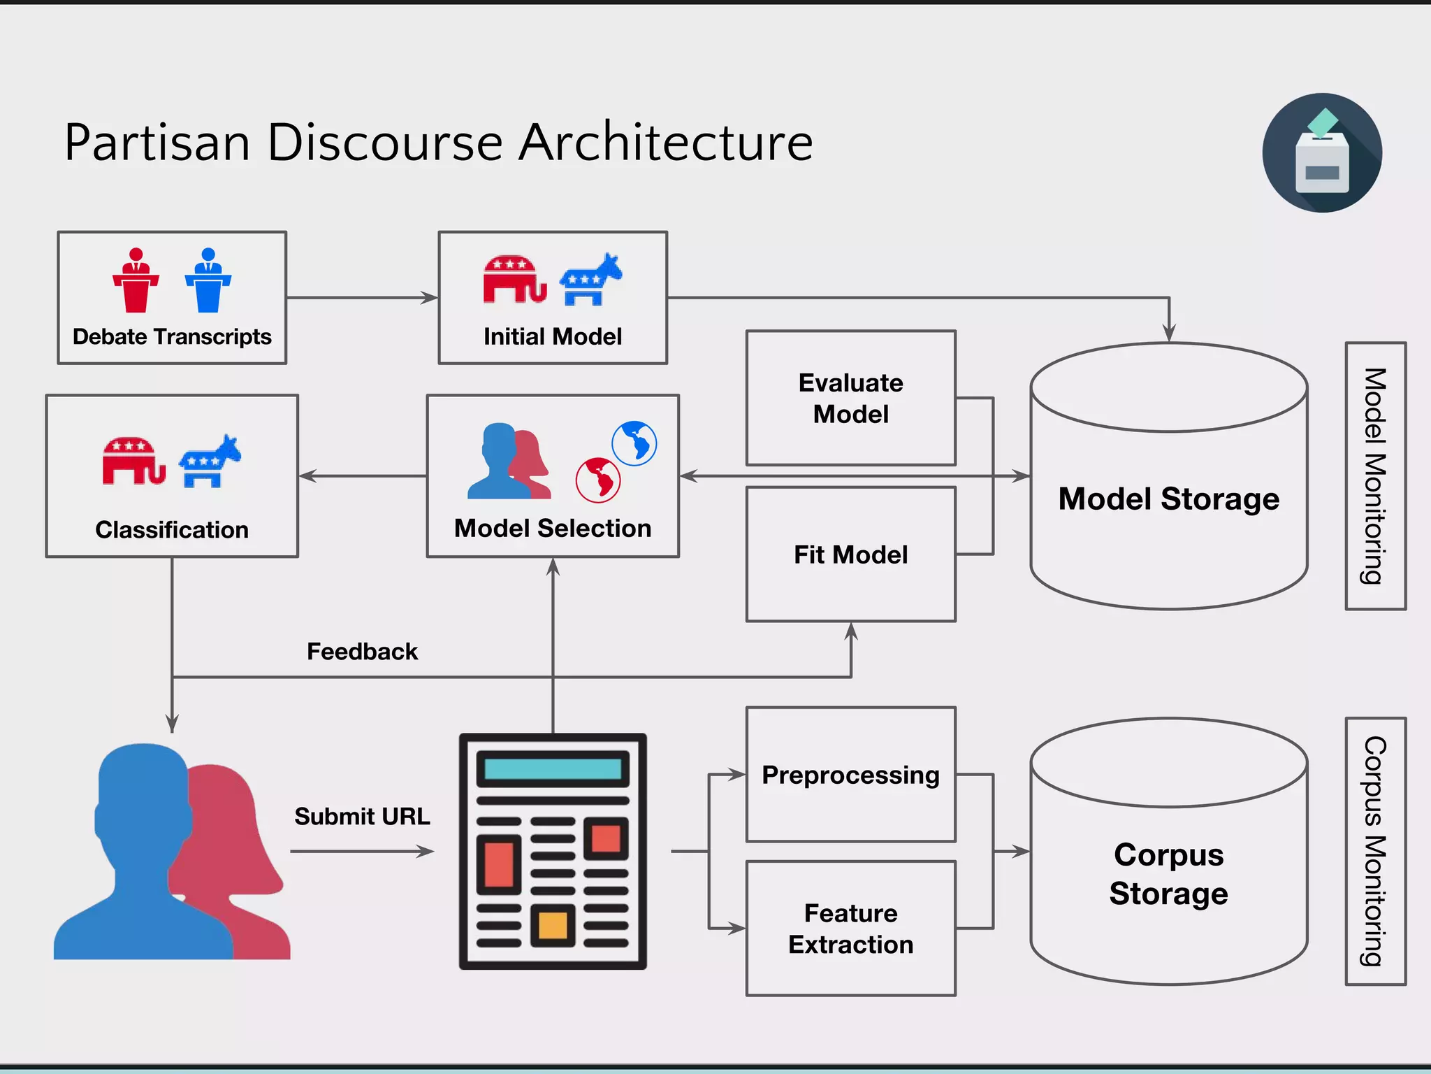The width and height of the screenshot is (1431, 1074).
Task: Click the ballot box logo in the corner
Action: coord(1322,152)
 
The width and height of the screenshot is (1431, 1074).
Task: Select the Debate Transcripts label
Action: coord(172,337)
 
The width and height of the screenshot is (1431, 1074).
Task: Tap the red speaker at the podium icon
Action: coord(136,280)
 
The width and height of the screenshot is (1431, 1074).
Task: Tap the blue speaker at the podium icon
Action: coord(208,280)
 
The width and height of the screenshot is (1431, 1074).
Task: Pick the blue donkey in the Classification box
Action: coord(210,461)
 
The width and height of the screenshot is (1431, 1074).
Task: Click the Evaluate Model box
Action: coord(850,398)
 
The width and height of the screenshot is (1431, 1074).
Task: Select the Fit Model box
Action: coord(850,554)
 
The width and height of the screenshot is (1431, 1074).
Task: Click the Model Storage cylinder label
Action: coord(1168,499)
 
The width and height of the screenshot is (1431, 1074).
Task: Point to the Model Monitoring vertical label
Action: coord(1375,476)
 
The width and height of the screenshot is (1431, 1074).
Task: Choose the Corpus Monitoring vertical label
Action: coord(1375,851)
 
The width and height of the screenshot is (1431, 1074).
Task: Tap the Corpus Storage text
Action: coord(1168,874)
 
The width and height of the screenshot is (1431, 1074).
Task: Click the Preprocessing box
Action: coord(850,775)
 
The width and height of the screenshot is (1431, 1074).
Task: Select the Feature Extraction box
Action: coord(850,929)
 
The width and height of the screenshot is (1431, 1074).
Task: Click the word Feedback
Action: coord(362,652)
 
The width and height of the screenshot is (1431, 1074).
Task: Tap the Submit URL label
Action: coord(362,817)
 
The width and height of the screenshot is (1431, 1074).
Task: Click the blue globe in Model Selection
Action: coord(634,443)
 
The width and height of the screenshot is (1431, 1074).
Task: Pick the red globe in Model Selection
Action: coord(598,480)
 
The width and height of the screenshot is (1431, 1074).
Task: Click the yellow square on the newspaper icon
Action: coord(553,925)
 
